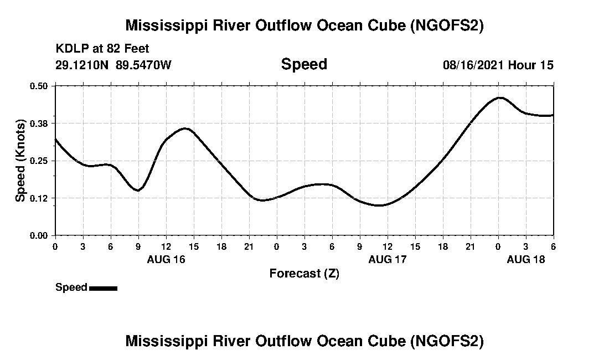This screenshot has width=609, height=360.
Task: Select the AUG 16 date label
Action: coord(166,259)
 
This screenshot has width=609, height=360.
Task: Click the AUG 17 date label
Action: coord(388,259)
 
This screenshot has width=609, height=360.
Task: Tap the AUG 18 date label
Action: coord(526,259)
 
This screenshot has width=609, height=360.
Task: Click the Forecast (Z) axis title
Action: coord(304,274)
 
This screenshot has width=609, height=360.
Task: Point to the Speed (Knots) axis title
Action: coord(20,160)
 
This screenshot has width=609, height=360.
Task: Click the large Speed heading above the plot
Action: coord(304,64)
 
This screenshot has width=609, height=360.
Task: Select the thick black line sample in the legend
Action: coord(103,288)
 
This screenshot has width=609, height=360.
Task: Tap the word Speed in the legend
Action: coord(71,287)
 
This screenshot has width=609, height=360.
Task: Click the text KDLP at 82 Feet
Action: coord(102,49)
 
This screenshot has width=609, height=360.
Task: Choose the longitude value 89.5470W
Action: coord(144,65)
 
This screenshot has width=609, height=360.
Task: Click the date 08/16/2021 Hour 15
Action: coord(498,65)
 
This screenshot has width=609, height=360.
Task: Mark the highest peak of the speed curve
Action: coord(499,97)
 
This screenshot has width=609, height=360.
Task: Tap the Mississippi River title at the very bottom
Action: coord(304,341)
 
